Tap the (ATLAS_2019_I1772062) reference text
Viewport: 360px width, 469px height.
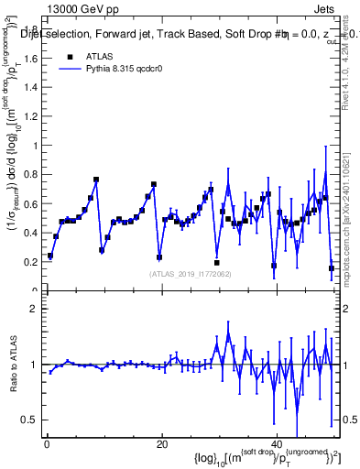point(190,274)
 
